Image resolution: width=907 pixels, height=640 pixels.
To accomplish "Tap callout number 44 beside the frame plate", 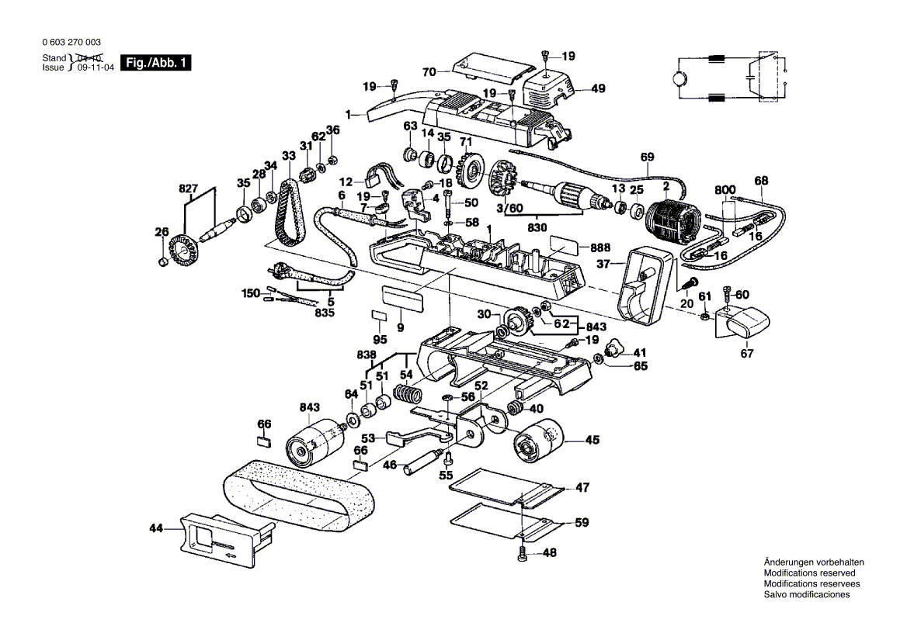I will pyautogui.click(x=157, y=528).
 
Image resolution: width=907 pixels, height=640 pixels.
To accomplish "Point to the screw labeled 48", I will pyautogui.click(x=522, y=554).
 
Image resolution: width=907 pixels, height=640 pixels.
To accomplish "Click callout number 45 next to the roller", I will pyautogui.click(x=592, y=441).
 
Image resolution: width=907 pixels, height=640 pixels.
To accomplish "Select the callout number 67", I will pyautogui.click(x=746, y=354).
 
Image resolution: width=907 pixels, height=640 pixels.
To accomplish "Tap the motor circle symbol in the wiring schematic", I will pyautogui.click(x=679, y=78).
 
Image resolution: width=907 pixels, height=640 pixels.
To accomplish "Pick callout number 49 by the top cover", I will pyautogui.click(x=597, y=88).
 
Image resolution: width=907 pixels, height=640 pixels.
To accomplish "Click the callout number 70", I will pyautogui.click(x=429, y=72).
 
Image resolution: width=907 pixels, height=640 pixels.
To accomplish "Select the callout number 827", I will pyautogui.click(x=189, y=188).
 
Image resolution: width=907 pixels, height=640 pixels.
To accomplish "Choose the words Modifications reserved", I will pyautogui.click(x=809, y=573).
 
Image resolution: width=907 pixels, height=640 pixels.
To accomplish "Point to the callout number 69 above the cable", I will pyautogui.click(x=647, y=157).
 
